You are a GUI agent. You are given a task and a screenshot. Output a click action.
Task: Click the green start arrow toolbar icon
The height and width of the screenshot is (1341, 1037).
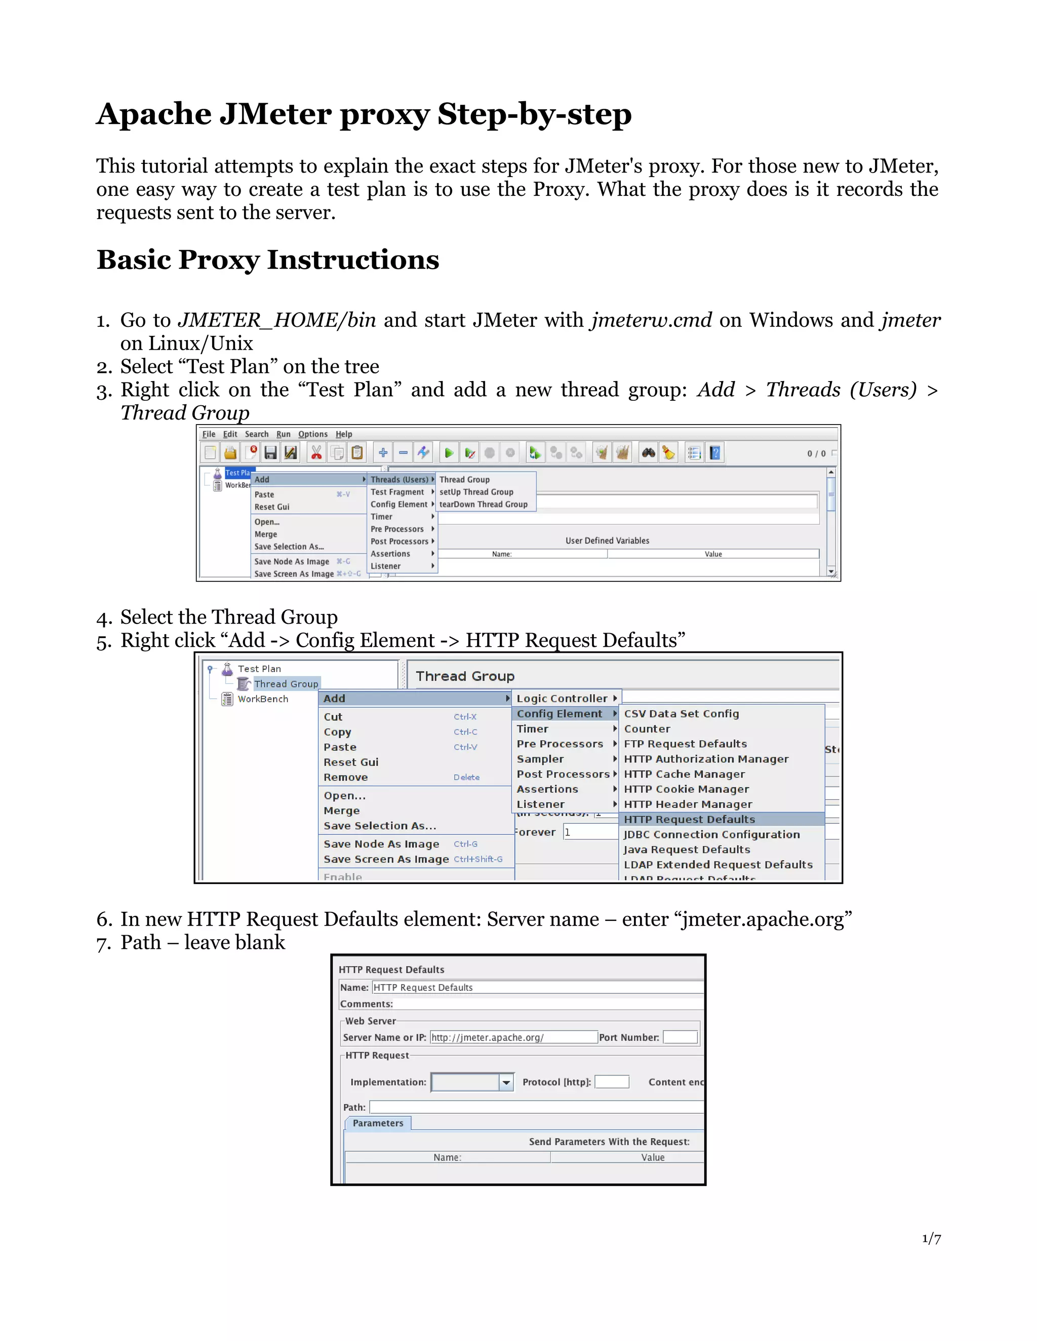[x=449, y=453]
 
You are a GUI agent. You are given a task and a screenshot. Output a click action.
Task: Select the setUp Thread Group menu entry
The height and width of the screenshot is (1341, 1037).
[x=476, y=492]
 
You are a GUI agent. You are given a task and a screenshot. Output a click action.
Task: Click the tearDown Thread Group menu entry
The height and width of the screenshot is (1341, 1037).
[x=483, y=504]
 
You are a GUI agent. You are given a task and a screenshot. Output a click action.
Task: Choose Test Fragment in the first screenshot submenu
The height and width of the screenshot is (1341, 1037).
[x=397, y=492]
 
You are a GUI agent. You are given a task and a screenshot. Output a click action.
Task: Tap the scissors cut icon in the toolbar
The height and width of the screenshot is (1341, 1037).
[x=316, y=453]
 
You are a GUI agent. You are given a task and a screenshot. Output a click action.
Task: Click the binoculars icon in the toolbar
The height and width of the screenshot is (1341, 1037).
[x=648, y=453]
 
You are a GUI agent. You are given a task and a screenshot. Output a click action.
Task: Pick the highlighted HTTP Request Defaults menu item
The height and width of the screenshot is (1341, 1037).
[x=689, y=819]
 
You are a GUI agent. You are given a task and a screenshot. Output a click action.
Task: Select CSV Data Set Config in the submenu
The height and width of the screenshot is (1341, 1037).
[x=682, y=714]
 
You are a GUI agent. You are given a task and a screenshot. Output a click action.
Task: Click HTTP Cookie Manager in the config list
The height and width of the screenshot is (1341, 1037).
[x=686, y=789]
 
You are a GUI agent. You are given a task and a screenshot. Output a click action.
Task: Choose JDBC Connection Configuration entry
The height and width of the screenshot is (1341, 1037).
[x=711, y=834]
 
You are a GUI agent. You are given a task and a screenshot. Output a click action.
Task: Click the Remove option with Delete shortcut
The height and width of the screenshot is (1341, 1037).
[x=346, y=777]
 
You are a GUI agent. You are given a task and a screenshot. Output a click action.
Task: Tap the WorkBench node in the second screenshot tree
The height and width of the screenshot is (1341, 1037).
[x=263, y=699]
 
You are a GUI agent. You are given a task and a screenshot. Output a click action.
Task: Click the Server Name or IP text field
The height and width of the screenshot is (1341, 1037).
[x=513, y=1037]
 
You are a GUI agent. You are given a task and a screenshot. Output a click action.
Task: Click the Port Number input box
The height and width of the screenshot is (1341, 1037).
[x=680, y=1037]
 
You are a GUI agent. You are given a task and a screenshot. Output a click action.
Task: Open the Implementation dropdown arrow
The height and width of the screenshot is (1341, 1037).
[x=506, y=1082]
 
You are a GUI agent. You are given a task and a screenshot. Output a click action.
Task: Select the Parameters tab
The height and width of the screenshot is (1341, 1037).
[x=378, y=1123]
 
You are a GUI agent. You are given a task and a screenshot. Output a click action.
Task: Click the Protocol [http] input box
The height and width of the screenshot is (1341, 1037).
[x=612, y=1082]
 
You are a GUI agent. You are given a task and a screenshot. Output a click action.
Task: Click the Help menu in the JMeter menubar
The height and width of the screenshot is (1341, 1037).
[x=343, y=434]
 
